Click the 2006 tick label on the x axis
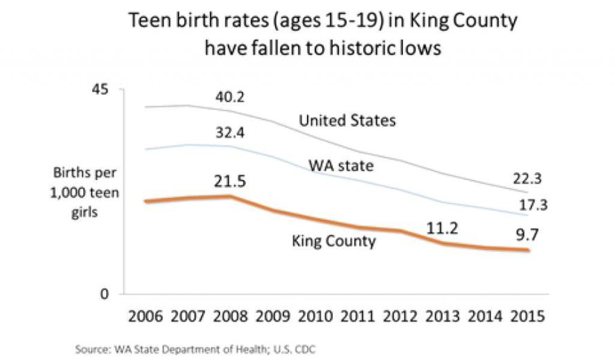click(x=146, y=316)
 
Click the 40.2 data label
click(x=230, y=97)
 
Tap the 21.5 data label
click(x=231, y=181)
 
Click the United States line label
click(x=347, y=121)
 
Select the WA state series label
click(x=341, y=164)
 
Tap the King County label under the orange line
click(x=334, y=241)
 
